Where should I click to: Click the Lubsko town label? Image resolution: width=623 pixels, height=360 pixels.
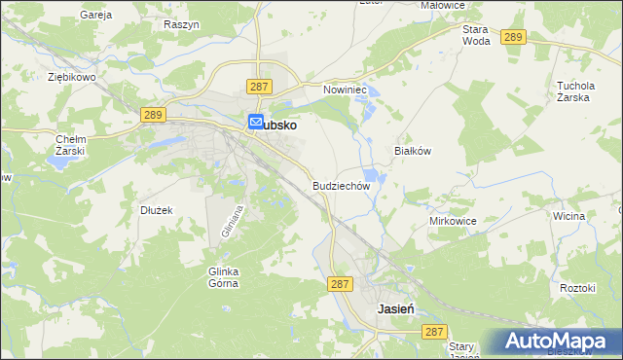279,125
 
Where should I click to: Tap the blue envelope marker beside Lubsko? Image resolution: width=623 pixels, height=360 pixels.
256,123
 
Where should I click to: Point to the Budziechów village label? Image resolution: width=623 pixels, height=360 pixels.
342,185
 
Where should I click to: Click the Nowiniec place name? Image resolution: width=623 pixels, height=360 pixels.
344,89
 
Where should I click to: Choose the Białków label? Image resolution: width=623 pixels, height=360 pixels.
412,151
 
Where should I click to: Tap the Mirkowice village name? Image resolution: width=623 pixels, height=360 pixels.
453,221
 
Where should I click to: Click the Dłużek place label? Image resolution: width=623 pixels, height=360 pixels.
156,209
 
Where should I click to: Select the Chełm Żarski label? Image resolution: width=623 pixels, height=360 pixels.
71,145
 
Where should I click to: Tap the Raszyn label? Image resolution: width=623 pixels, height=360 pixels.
182,23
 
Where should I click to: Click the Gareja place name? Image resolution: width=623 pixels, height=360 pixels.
96,16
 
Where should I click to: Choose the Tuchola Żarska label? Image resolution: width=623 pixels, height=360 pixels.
575,91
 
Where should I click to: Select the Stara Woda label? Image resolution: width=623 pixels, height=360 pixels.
476,35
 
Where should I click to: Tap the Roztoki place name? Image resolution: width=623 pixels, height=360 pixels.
577,288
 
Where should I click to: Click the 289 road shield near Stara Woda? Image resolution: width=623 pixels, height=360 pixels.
515,37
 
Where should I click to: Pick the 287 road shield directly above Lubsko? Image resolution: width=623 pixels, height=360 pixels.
259,87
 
